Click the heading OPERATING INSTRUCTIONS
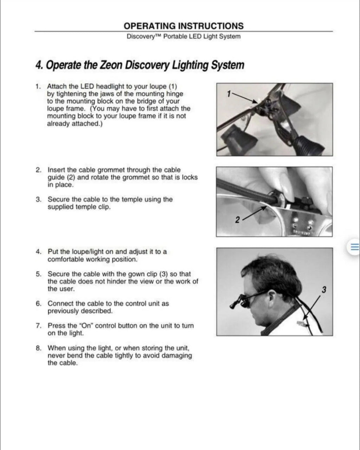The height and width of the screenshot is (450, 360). [184, 26]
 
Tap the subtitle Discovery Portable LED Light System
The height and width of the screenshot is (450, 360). [184, 37]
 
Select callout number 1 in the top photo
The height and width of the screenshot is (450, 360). [229, 94]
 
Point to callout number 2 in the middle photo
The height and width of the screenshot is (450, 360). [237, 220]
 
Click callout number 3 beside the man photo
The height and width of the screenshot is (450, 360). [324, 290]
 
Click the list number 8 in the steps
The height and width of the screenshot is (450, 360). [38, 348]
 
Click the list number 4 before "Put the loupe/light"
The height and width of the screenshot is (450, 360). [38, 252]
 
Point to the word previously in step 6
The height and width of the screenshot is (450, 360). [63, 311]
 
